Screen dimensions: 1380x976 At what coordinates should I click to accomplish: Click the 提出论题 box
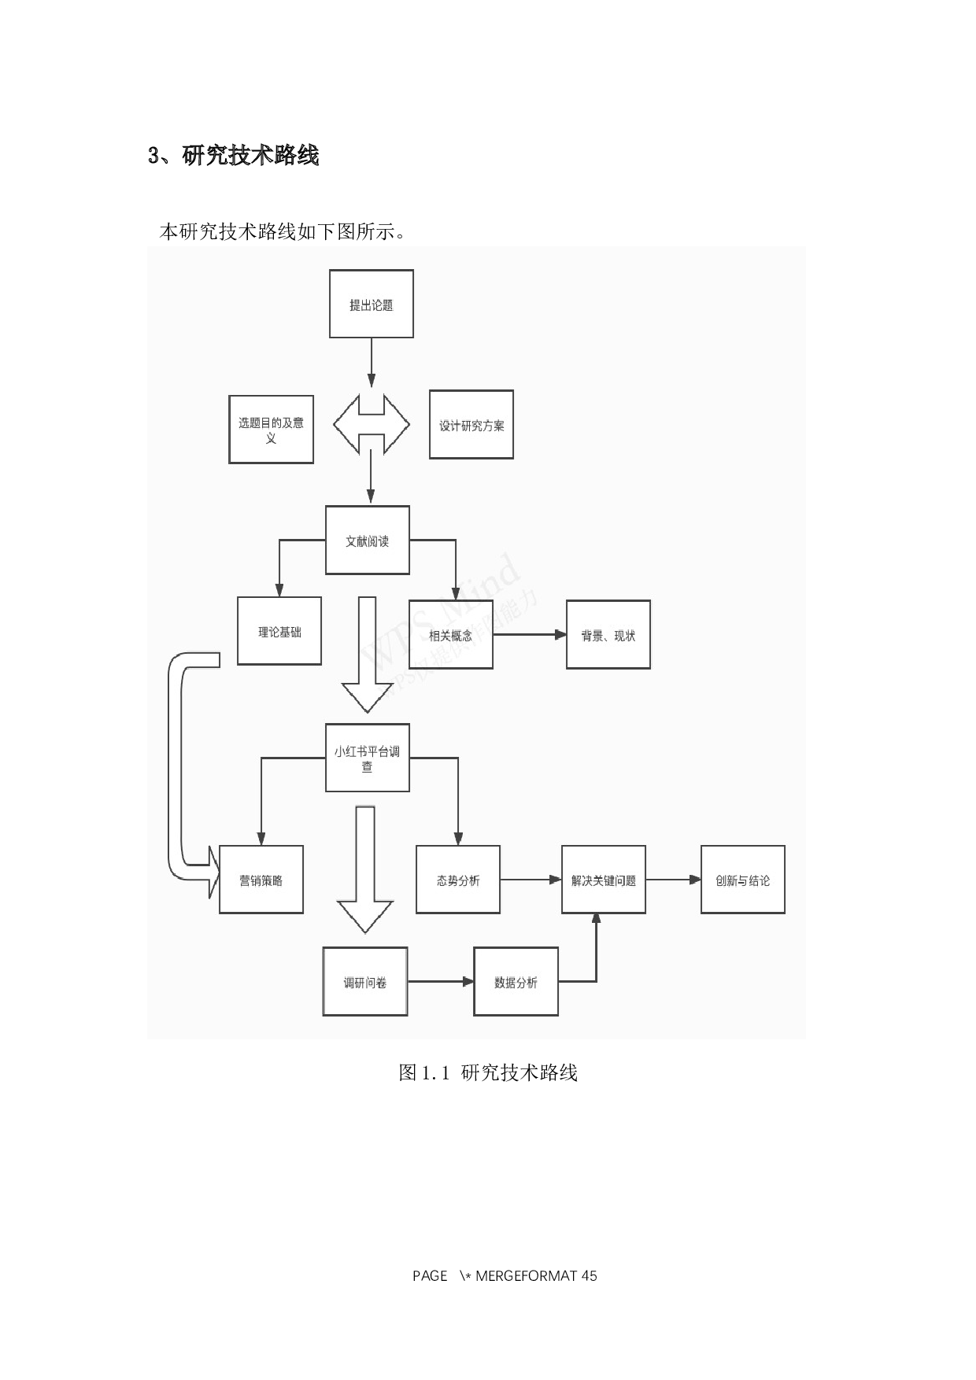click(372, 304)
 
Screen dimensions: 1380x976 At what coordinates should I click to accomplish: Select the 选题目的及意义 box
click(271, 430)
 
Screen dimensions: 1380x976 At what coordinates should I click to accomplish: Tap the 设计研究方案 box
click(471, 425)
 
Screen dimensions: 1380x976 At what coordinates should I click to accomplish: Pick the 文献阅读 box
click(368, 541)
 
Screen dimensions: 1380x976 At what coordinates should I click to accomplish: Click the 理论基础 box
click(279, 631)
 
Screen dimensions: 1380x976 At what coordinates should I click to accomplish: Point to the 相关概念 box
click(451, 635)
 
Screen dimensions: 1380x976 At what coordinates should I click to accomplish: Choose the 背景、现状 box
click(608, 635)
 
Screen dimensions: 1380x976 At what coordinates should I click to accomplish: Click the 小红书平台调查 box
click(368, 758)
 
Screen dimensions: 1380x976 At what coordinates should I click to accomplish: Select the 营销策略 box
click(261, 880)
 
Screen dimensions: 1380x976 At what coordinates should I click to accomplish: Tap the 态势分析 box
click(458, 880)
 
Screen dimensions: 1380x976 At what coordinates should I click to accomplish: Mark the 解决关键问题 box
click(604, 880)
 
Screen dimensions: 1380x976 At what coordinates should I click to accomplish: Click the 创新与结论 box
click(743, 880)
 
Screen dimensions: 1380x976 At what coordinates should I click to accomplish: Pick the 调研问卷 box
click(365, 982)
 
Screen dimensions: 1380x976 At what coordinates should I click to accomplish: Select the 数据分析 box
click(516, 982)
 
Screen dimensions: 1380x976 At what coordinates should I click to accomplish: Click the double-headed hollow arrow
click(372, 425)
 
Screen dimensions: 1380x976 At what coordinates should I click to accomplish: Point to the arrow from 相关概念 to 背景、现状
click(530, 635)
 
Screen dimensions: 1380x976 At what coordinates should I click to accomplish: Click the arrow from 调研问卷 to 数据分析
click(441, 982)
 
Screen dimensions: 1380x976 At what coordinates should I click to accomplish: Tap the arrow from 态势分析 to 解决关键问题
click(531, 880)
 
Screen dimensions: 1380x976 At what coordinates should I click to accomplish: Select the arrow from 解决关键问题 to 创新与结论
click(673, 880)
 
